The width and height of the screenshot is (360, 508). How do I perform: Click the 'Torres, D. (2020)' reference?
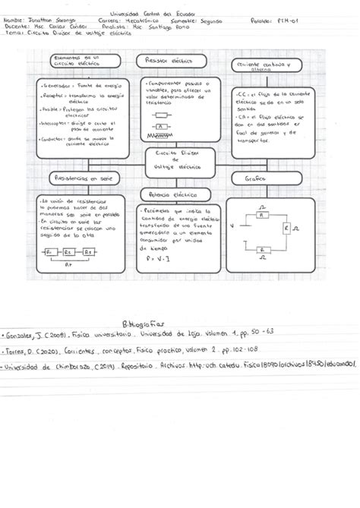tap(27, 351)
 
